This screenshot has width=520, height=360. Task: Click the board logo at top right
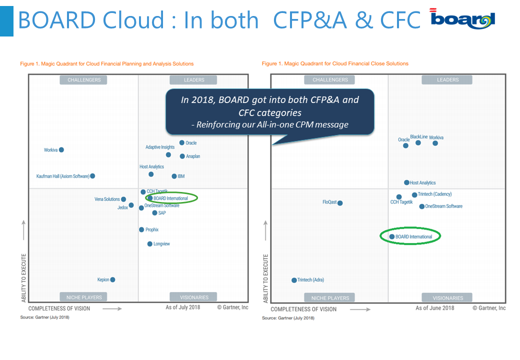pyautogui.click(x=463, y=18)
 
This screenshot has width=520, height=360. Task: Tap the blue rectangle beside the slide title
pyautogui.click(x=6, y=21)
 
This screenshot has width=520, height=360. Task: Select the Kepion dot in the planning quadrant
pyautogui.click(x=113, y=279)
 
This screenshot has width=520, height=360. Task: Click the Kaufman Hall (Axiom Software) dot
pyautogui.click(x=92, y=175)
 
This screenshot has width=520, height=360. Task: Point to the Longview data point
pyautogui.click(x=150, y=244)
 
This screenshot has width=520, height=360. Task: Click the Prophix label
pyautogui.click(x=152, y=229)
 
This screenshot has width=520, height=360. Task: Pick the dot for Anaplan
pyautogui.click(x=182, y=156)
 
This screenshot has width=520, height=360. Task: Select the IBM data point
pyautogui.click(x=174, y=176)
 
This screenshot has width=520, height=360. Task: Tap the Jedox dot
pyautogui.click(x=131, y=205)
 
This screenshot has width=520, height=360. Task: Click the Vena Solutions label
pyautogui.click(x=107, y=199)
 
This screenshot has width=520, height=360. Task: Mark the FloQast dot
pyautogui.click(x=340, y=203)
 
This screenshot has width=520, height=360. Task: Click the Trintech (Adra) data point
pyautogui.click(x=294, y=280)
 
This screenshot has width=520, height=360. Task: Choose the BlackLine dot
pyautogui.click(x=418, y=142)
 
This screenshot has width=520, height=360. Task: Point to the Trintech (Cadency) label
pyautogui.click(x=435, y=194)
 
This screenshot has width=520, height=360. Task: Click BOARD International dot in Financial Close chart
pyautogui.click(x=392, y=236)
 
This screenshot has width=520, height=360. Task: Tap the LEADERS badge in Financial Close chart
pyautogui.click(x=447, y=80)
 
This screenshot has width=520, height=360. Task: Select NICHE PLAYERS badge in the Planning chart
pyautogui.click(x=83, y=297)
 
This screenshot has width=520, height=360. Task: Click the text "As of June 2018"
pyautogui.click(x=435, y=308)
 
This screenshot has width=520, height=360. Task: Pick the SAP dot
pyautogui.click(x=154, y=213)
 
